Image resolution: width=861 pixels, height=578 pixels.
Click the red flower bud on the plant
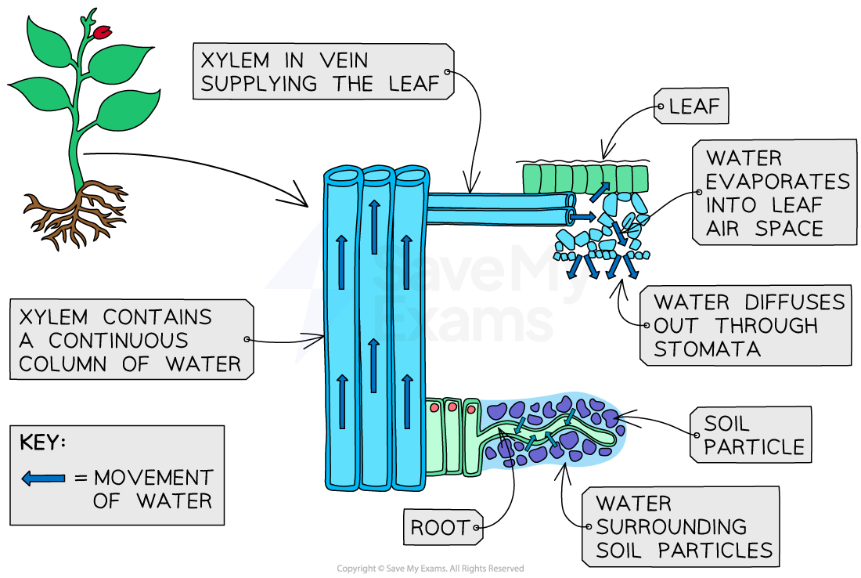(x=102, y=33)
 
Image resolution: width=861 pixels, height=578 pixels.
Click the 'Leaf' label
(x=693, y=106)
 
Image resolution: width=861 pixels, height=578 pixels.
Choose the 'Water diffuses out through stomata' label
(x=748, y=325)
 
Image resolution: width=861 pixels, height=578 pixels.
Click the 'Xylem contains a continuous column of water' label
(x=130, y=340)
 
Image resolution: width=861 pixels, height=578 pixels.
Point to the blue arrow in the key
(x=43, y=478)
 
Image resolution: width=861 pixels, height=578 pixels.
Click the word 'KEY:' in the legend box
(x=43, y=442)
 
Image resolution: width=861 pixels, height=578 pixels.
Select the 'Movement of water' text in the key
(x=153, y=489)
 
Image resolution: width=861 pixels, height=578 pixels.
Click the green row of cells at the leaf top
(x=585, y=179)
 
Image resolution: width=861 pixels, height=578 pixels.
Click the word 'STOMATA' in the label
(x=706, y=349)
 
